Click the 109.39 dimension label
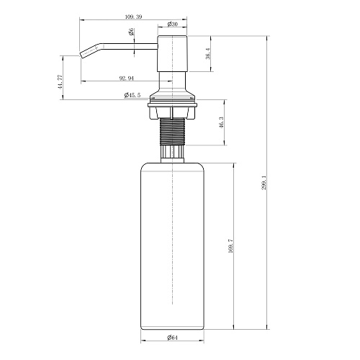coord(134,17)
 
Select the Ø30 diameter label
coord(172,24)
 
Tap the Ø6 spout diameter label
coord(131,32)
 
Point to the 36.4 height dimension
coord(208,53)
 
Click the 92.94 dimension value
coord(127,78)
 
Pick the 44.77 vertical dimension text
coord(60,82)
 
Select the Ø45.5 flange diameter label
coord(132,95)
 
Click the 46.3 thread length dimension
coord(221,122)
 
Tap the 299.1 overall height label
coord(264,182)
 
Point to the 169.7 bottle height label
coord(230,246)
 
